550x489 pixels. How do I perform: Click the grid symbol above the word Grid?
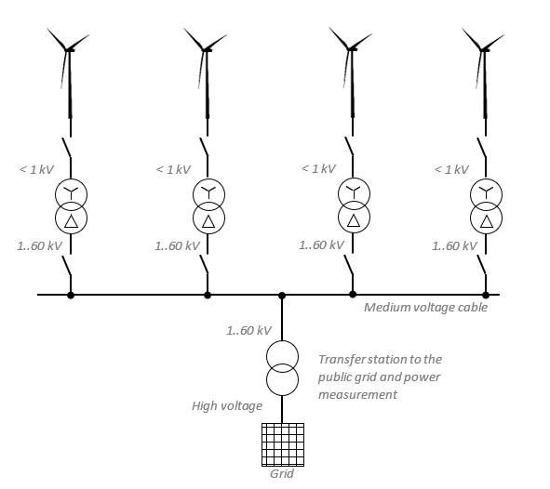tap(283, 444)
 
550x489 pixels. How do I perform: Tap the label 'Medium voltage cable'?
tap(425, 308)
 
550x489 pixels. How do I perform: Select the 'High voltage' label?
tap(227, 406)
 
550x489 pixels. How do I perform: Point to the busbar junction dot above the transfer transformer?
tap(282, 296)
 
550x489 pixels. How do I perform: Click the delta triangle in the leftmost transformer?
tap(72, 221)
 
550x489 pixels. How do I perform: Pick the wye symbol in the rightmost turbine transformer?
tap(486, 192)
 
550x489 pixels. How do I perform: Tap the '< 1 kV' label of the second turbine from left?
tap(173, 169)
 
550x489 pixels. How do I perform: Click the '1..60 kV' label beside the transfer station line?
tap(248, 330)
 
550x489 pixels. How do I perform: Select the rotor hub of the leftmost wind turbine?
tap(68, 50)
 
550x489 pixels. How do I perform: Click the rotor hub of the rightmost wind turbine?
tap(483, 50)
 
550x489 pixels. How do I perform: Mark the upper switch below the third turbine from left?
tap(349, 146)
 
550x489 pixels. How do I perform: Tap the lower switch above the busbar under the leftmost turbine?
tap(67, 266)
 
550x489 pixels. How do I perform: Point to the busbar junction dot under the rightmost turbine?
tap(486, 295)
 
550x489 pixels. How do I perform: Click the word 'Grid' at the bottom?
tap(282, 474)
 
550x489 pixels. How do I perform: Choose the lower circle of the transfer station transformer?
tap(282, 395)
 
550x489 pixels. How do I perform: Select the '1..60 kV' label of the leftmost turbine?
tap(40, 246)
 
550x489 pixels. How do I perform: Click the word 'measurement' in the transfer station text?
tap(357, 395)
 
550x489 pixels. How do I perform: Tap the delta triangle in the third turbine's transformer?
tap(354, 220)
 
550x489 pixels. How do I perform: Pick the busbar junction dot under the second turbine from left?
tap(208, 295)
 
